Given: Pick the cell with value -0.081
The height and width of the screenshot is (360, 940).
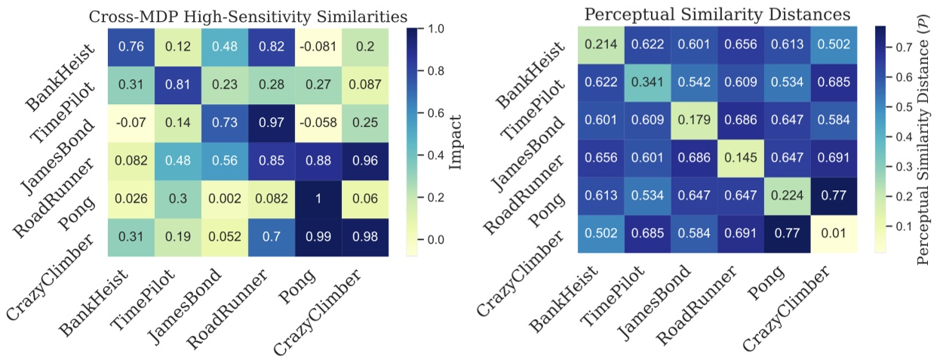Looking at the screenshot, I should pos(320,47).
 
